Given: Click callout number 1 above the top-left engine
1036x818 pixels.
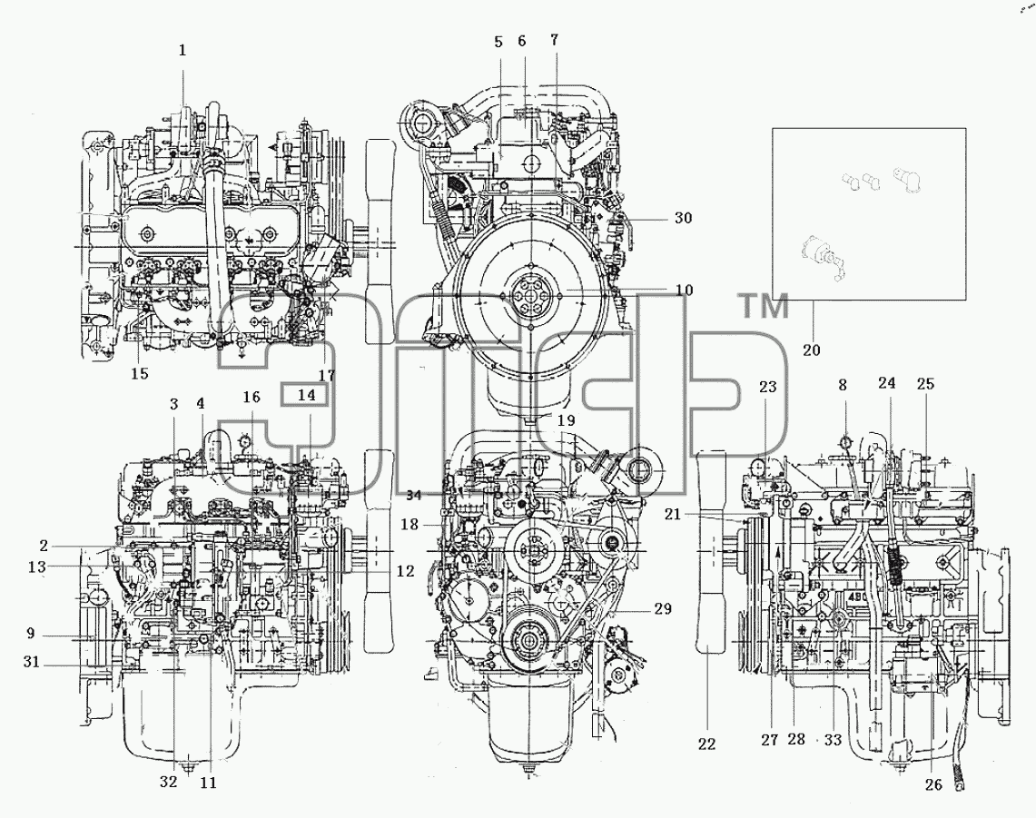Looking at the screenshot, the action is [x=183, y=50].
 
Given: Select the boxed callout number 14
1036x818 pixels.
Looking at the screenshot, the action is [x=306, y=395].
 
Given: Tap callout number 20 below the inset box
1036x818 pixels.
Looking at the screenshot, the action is [x=812, y=350].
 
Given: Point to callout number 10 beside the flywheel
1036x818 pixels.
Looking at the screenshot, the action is [x=685, y=290].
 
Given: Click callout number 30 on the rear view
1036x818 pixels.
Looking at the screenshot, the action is [x=683, y=217].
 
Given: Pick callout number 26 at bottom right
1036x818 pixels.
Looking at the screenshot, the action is [x=932, y=785].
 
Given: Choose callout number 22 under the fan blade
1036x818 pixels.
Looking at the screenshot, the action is [x=706, y=744].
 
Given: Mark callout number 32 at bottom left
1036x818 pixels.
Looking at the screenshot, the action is [x=169, y=782].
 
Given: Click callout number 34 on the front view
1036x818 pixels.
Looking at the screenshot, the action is [x=414, y=495].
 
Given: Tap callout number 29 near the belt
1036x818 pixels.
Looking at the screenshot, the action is [x=663, y=608].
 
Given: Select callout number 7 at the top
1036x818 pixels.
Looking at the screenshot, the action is [x=555, y=40].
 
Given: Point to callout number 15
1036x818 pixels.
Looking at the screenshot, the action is [x=140, y=373].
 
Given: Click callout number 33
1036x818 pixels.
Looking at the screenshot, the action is [x=833, y=740].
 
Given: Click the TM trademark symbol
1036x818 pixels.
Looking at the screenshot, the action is [x=763, y=306].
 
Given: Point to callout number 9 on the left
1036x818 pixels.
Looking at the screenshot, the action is [x=30, y=634].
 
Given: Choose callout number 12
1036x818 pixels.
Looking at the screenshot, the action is [x=405, y=571].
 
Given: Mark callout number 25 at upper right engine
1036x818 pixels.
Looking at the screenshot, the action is [x=925, y=383].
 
